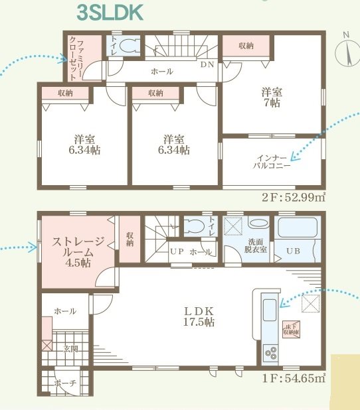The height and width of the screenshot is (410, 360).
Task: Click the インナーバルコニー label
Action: point(272,162)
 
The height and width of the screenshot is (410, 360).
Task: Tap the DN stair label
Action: point(207,66)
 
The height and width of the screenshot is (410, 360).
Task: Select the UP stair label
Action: point(177,252)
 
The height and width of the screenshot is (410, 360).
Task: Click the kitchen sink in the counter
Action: point(271,310)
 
